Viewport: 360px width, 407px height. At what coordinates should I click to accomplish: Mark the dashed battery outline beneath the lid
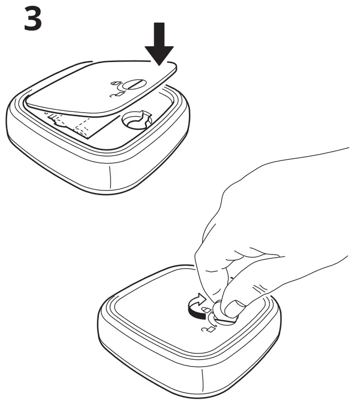pos(74,123)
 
